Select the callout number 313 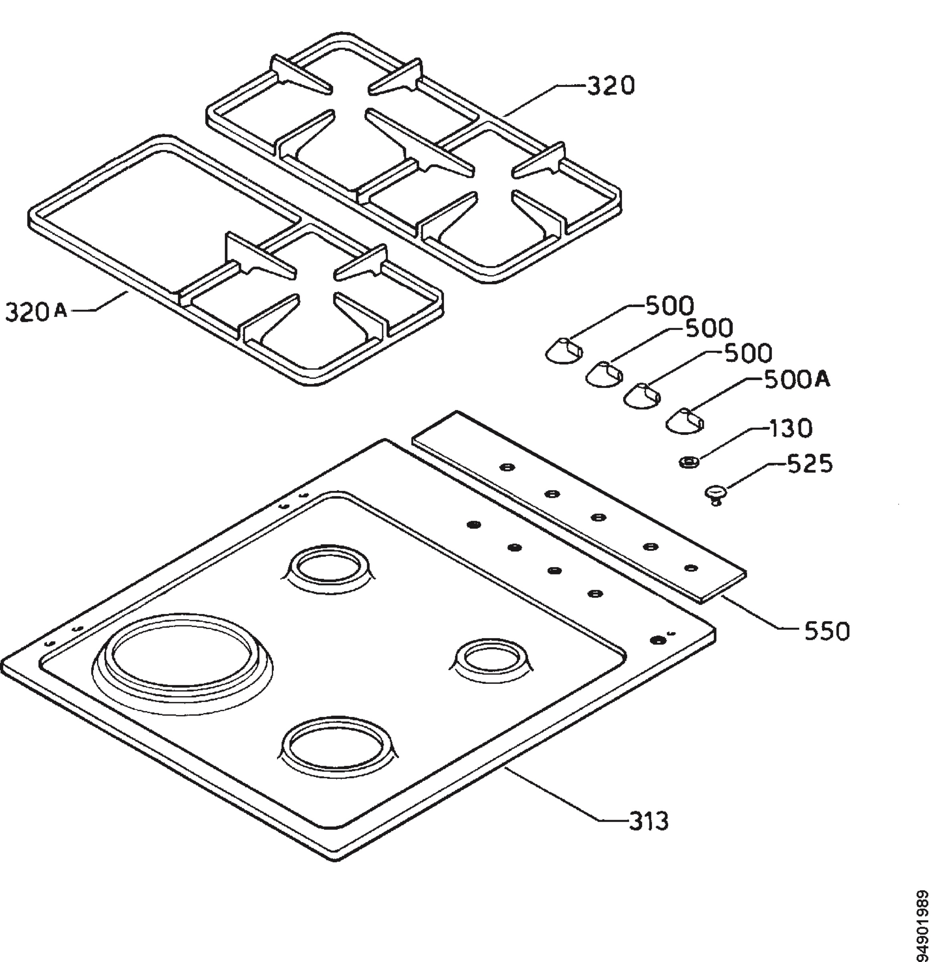pyautogui.click(x=648, y=822)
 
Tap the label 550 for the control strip pyautogui.click(x=827, y=631)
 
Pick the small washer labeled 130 pyautogui.click(x=689, y=462)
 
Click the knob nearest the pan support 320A pyautogui.click(x=563, y=350)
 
